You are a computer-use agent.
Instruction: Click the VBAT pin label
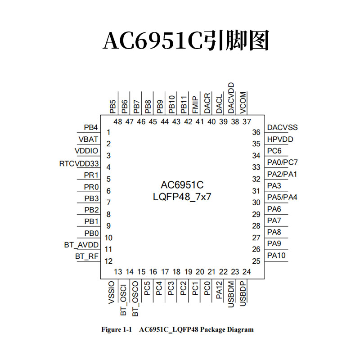click(x=88, y=139)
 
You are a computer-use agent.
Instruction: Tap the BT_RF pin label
click(x=87, y=256)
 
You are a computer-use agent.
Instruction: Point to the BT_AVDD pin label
click(x=81, y=245)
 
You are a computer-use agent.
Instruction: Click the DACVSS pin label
click(x=282, y=128)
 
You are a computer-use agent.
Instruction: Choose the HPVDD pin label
click(x=280, y=139)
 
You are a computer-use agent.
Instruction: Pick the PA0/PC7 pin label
click(x=282, y=162)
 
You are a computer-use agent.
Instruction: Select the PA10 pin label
click(x=276, y=256)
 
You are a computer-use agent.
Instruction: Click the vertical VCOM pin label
click(x=243, y=102)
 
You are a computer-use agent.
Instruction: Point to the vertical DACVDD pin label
click(x=231, y=98)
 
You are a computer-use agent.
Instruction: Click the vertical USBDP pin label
click(x=243, y=294)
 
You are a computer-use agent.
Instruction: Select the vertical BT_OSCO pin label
click(x=135, y=297)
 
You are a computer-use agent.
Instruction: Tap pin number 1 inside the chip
click(x=108, y=132)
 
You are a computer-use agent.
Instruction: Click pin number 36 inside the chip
click(x=256, y=132)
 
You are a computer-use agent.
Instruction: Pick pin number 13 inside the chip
click(x=118, y=272)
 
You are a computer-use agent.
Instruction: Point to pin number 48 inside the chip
click(x=118, y=121)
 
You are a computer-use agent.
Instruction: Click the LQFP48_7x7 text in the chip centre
click(x=182, y=197)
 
